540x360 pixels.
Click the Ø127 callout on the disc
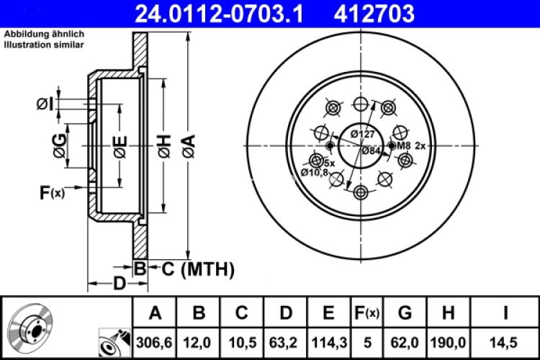(362, 134)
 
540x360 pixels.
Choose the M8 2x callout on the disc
(413, 146)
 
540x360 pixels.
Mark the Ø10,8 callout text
(314, 172)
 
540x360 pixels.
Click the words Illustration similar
(44, 45)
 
